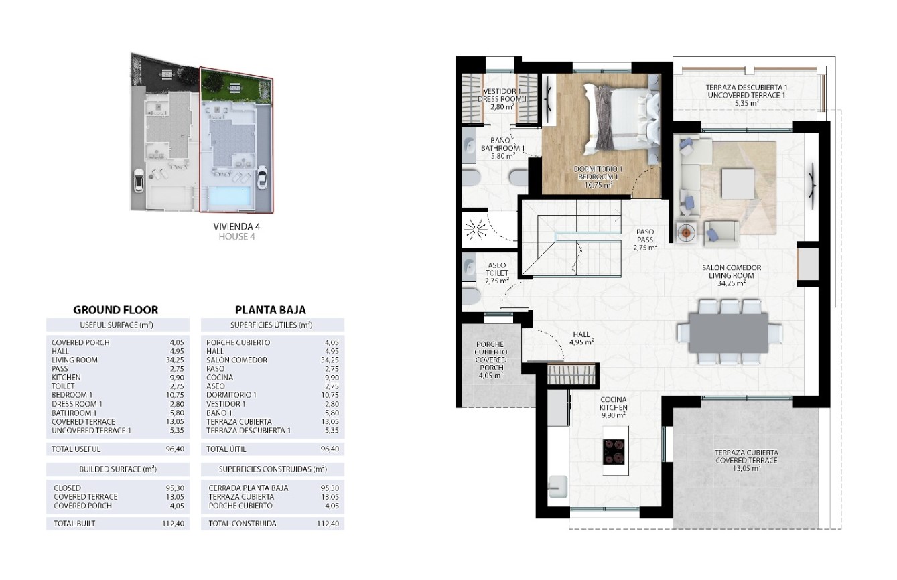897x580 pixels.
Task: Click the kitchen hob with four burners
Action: pyautogui.click(x=614, y=452)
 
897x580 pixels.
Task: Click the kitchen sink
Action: pyautogui.click(x=558, y=486)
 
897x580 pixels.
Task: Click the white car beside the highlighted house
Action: pyautogui.click(x=263, y=177)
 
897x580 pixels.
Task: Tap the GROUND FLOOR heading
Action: pyautogui.click(x=116, y=310)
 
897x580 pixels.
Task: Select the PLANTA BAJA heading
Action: pyautogui.click(x=270, y=310)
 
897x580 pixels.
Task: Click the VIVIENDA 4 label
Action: pyautogui.click(x=236, y=226)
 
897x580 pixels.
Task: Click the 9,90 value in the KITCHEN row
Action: pyautogui.click(x=176, y=378)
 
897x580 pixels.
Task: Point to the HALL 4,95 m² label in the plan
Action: pyautogui.click(x=581, y=338)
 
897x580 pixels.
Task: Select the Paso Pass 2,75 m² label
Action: pyautogui.click(x=645, y=240)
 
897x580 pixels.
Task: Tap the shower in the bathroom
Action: pyautogui.click(x=476, y=230)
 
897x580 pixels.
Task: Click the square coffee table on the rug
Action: pyautogui.click(x=738, y=183)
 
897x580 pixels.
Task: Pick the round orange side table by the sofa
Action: pyautogui.click(x=687, y=232)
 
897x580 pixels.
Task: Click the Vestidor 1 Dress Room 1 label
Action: pyautogui.click(x=502, y=99)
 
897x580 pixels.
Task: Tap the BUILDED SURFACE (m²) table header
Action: pyautogui.click(x=118, y=469)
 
